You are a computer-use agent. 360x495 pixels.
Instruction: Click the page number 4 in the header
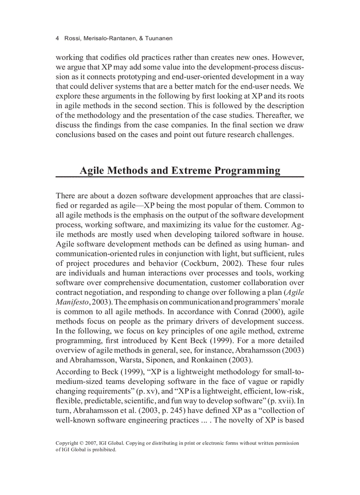pos(57,39)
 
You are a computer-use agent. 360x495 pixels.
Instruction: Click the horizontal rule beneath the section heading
pos(180,177)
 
